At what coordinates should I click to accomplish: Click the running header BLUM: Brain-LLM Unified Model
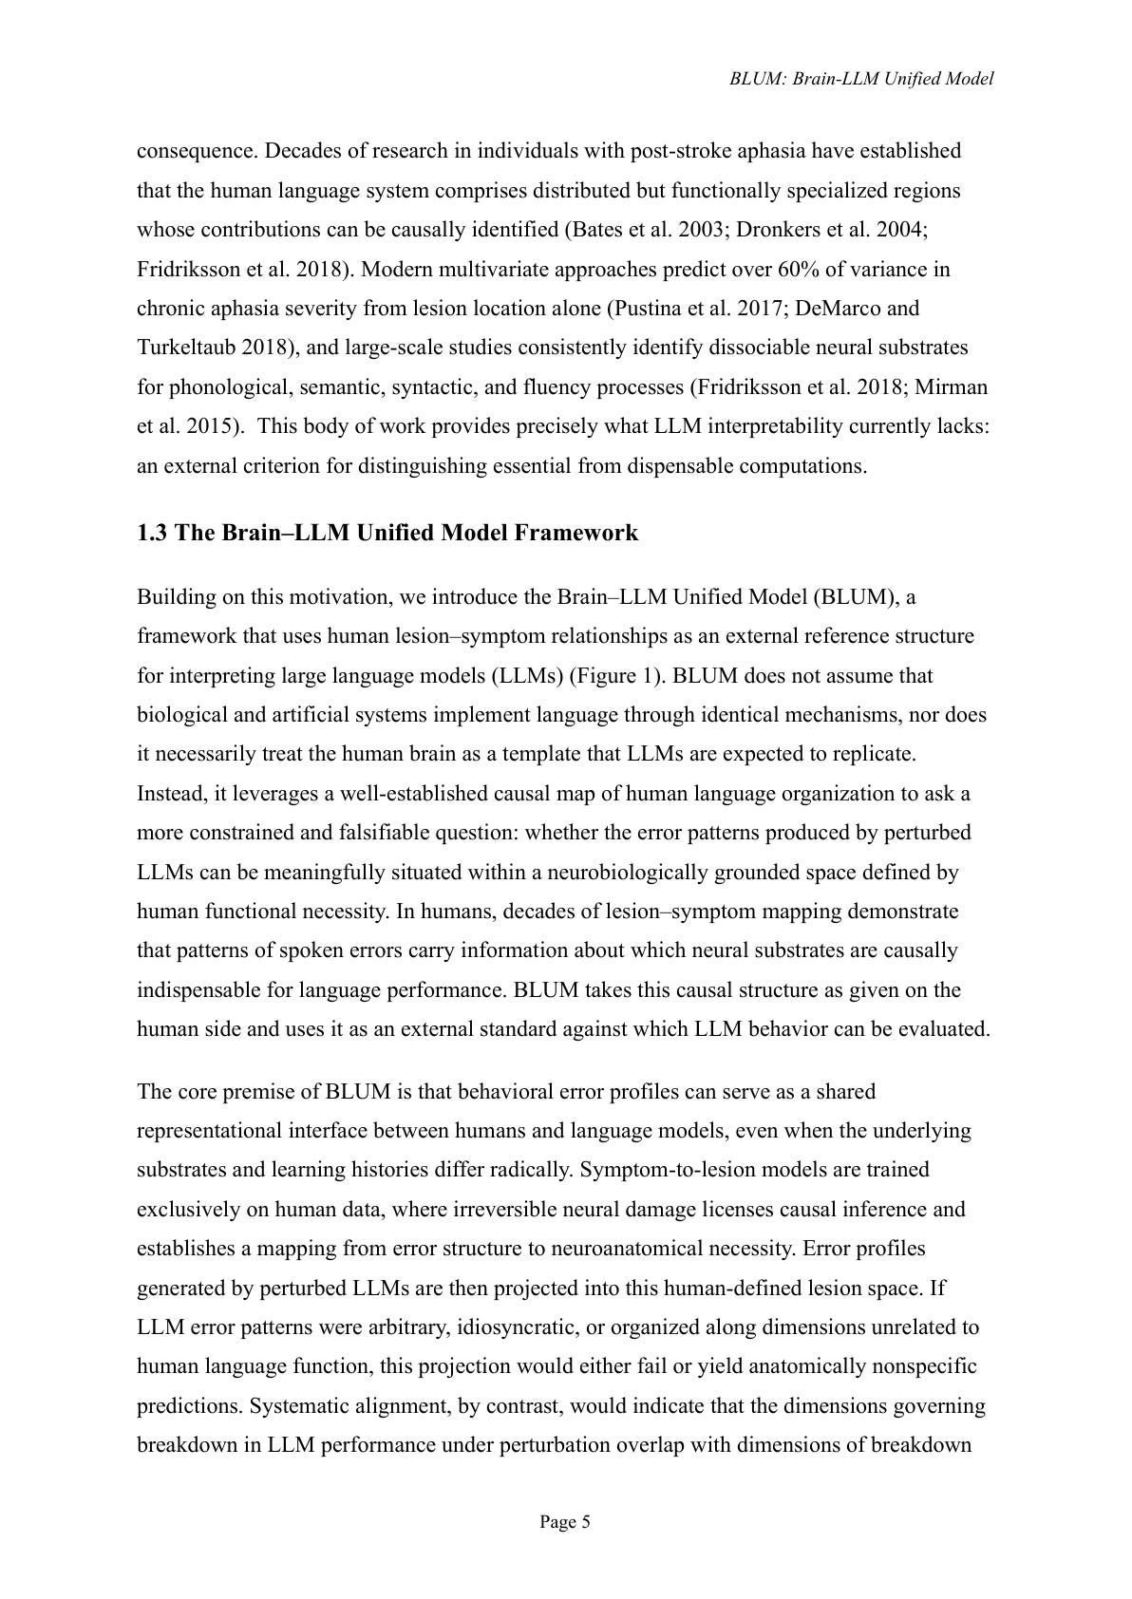(x=861, y=79)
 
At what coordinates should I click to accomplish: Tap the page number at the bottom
(x=565, y=1522)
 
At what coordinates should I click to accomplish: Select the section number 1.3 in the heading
(x=152, y=533)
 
